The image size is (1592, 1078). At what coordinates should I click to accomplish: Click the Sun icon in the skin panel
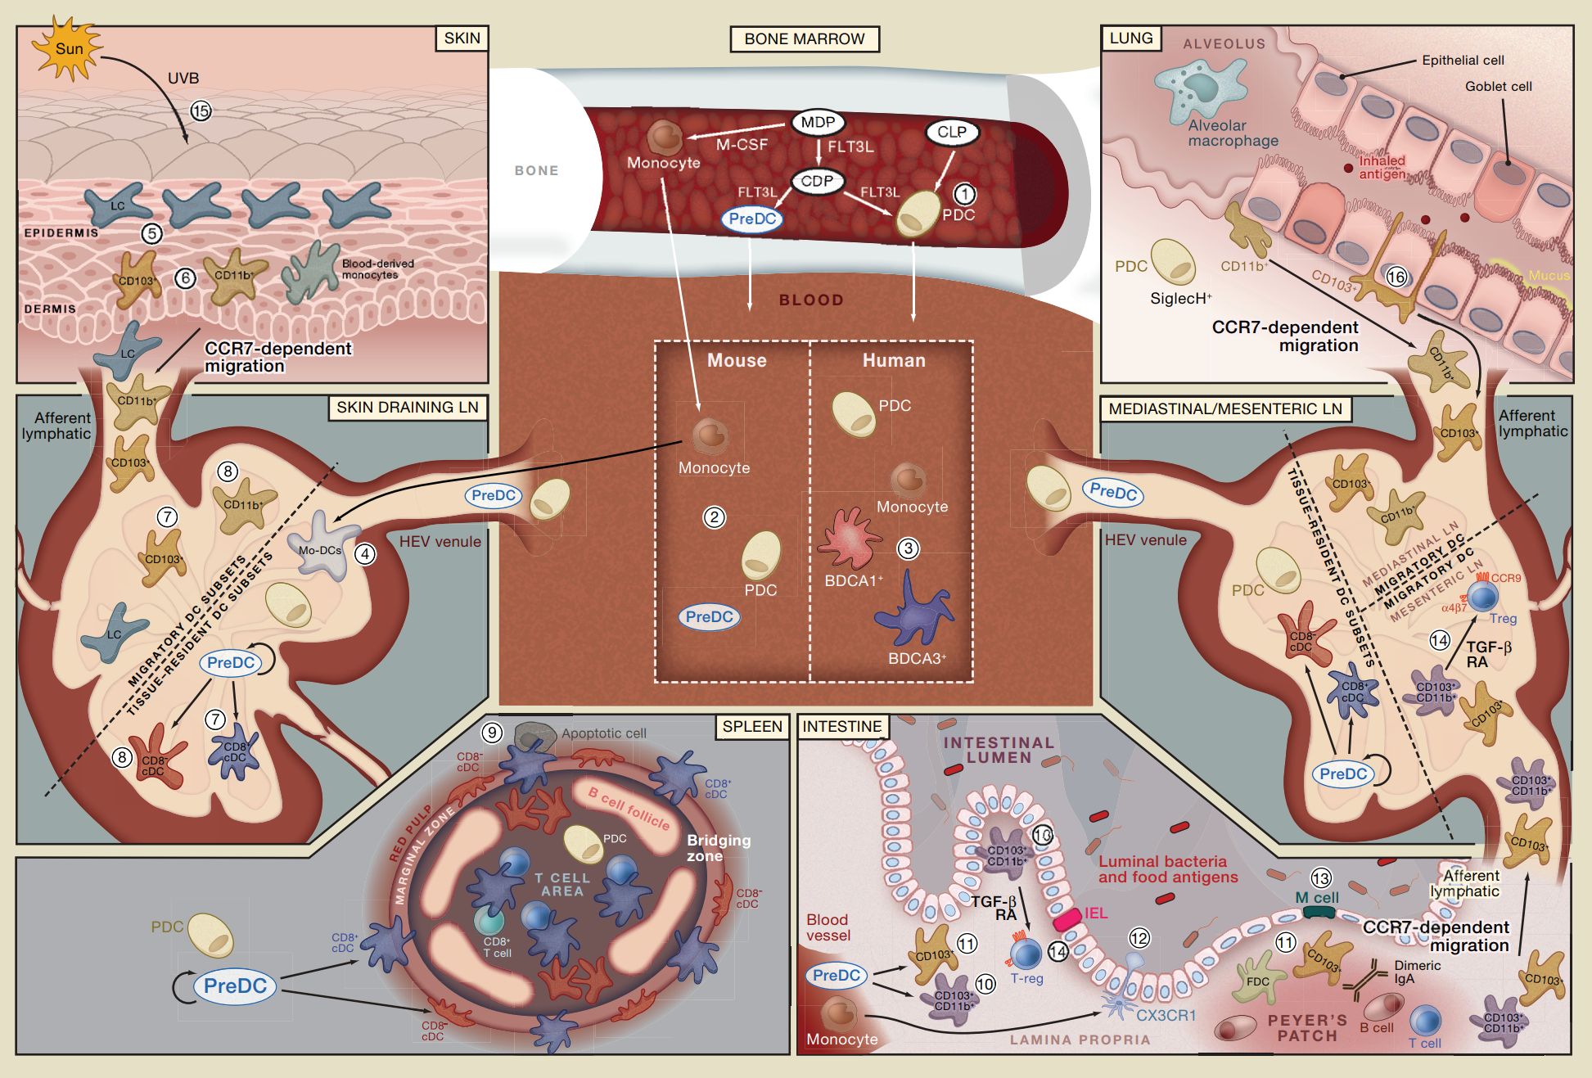68,48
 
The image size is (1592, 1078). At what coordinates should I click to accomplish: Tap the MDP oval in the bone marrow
818,123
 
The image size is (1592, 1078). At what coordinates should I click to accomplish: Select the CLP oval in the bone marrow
951,132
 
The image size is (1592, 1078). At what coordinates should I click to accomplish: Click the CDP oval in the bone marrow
817,181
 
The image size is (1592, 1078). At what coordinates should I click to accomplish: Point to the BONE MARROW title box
804,38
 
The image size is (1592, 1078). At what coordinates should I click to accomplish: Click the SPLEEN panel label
751,727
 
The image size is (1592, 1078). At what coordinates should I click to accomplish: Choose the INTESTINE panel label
841,727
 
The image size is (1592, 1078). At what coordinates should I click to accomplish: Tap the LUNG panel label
1130,38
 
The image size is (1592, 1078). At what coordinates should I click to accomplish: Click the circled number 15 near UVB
201,111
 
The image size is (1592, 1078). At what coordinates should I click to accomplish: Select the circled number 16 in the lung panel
1396,277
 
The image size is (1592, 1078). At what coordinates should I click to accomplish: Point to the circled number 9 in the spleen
491,733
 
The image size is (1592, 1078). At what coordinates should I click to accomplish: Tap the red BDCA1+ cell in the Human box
851,539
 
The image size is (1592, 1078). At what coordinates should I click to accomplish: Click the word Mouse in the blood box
737,360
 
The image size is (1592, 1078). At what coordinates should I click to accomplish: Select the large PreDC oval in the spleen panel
235,986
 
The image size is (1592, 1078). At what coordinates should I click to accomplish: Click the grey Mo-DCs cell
322,547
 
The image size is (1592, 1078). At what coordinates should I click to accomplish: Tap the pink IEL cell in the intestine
1067,919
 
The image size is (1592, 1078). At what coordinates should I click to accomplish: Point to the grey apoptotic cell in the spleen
534,736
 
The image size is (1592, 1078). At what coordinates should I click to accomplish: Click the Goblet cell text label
1498,86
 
